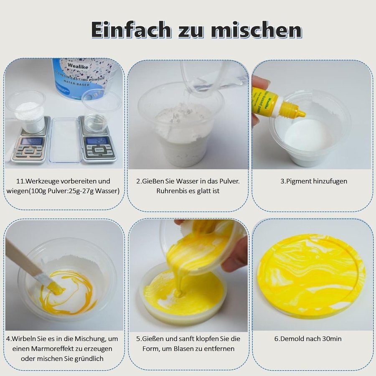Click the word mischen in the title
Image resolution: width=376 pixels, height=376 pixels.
(257, 30)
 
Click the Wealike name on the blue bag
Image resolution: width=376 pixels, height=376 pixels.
(77, 66)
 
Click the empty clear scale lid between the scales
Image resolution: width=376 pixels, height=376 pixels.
(64, 140)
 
